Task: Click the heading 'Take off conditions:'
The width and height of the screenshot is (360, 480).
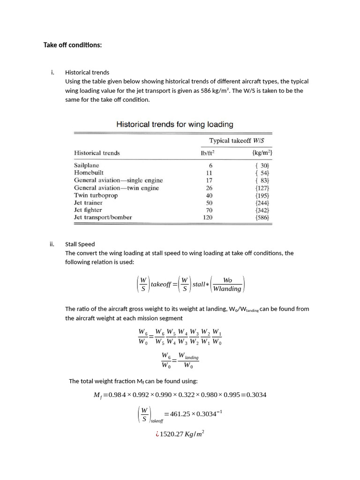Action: coord(72,45)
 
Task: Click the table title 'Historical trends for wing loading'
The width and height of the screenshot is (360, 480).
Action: coord(174,124)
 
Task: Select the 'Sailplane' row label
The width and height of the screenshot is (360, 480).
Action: coord(87,165)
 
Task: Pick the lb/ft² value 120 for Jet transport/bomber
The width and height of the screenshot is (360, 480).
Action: coord(208,217)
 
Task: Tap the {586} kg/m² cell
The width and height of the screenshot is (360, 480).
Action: coord(262,217)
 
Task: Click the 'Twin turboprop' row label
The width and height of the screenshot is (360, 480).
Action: coord(96,195)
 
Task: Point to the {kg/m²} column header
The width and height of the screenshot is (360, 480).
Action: coord(262,153)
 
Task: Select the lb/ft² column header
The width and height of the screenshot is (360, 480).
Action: coord(207,153)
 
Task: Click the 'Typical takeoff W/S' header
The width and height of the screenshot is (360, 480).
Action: coord(240,140)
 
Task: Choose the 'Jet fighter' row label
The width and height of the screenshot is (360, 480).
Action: coord(88,210)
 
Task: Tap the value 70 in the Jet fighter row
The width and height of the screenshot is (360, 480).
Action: coord(209,210)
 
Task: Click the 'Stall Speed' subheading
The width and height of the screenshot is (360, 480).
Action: coord(80,244)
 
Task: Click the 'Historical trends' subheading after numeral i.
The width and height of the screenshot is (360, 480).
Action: coord(87,72)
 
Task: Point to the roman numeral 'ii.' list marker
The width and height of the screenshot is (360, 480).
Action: coord(52,244)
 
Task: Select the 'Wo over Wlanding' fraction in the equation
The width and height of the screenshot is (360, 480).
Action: coord(227,285)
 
